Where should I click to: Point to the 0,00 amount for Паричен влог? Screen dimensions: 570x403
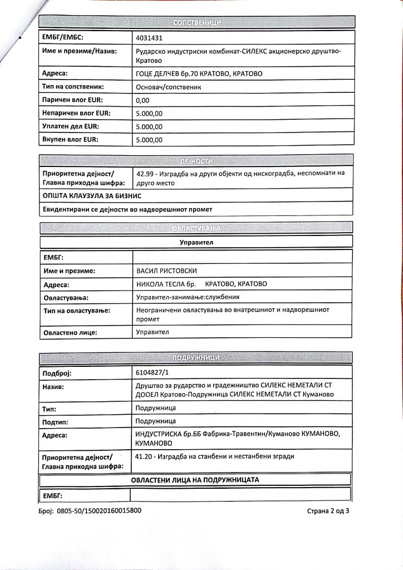point(143,101)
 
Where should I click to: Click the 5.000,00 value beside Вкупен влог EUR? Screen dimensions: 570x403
point(149,140)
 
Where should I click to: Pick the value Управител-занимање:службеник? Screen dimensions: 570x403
point(189,298)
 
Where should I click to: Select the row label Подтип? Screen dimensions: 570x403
point(56,422)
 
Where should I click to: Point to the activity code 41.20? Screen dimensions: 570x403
point(144,456)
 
